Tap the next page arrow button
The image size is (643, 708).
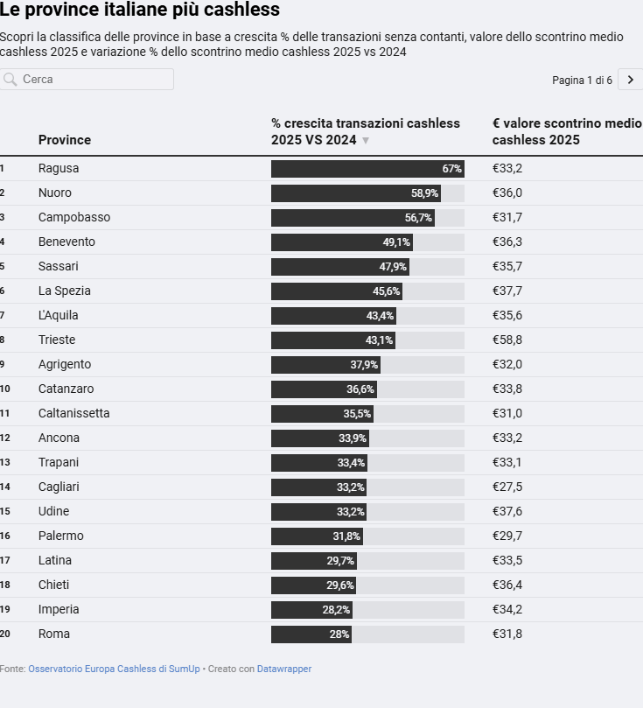pyautogui.click(x=630, y=80)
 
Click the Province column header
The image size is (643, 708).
pyautogui.click(x=65, y=140)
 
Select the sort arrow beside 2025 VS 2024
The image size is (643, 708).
pyautogui.click(x=366, y=141)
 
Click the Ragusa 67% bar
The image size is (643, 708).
pyautogui.click(x=367, y=169)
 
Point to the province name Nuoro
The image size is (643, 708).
pyautogui.click(x=55, y=193)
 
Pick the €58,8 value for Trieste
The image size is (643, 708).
pyautogui.click(x=507, y=340)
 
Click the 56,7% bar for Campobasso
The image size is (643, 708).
pyautogui.click(x=353, y=218)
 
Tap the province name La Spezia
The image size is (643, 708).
pyautogui.click(x=65, y=291)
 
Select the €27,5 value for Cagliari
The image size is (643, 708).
pyautogui.click(x=507, y=487)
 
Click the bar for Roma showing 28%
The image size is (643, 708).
pyautogui.click(x=311, y=634)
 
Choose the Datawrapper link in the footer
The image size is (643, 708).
pyautogui.click(x=284, y=669)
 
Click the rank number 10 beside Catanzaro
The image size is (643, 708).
pyautogui.click(x=5, y=389)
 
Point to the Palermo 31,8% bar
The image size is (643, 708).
pyautogui.click(x=317, y=536)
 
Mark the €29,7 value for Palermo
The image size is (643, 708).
pyautogui.click(x=507, y=536)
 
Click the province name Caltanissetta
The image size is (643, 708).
pyautogui.click(x=74, y=413)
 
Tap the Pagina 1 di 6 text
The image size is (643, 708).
pyautogui.click(x=582, y=81)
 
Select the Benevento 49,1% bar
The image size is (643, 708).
pyautogui.click(x=341, y=242)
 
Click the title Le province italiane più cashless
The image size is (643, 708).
pyautogui.click(x=140, y=11)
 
